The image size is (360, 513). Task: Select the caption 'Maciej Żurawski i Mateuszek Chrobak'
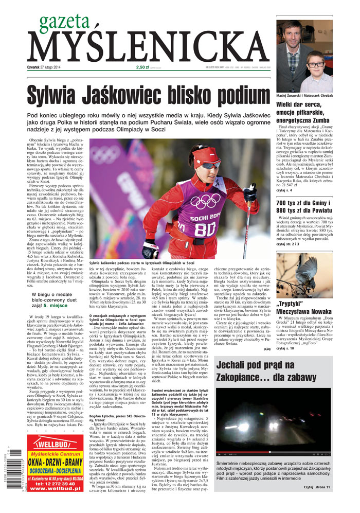point(305,96)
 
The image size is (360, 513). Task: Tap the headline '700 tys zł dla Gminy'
point(304,200)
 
